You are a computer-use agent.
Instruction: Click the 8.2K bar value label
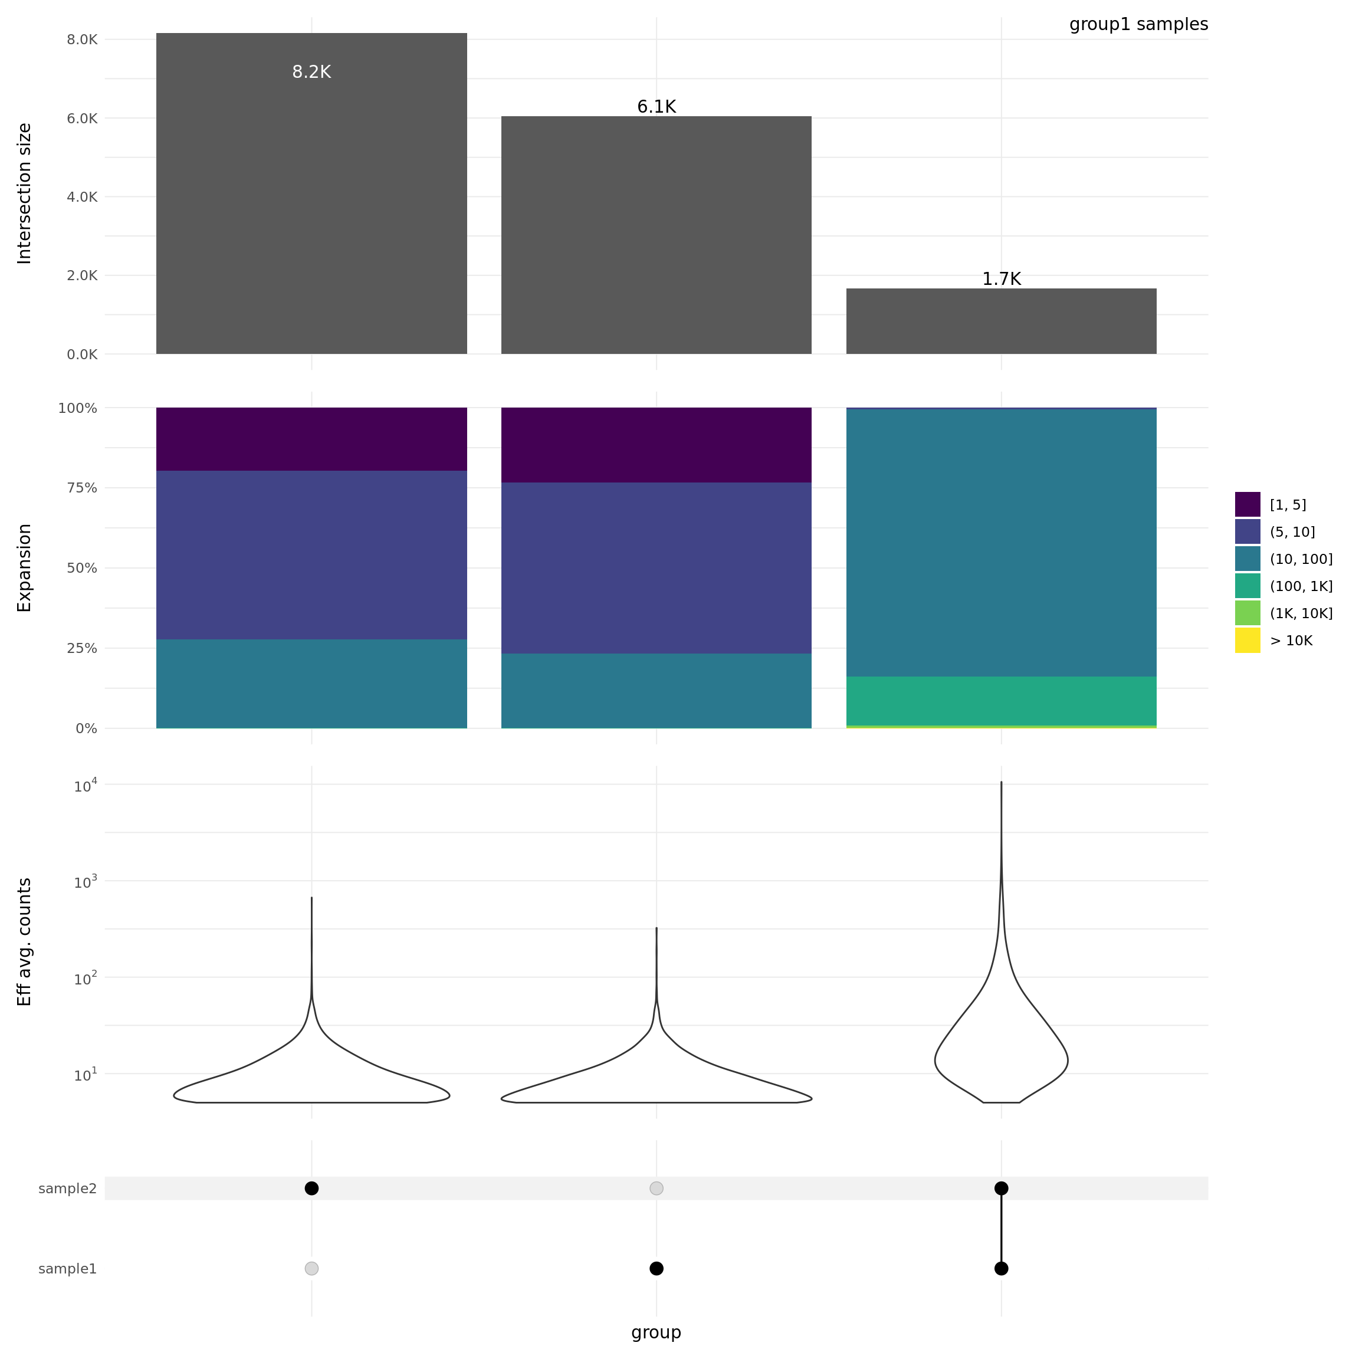point(311,73)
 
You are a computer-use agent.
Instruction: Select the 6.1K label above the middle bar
point(656,107)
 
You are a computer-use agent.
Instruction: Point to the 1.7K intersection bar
point(1001,321)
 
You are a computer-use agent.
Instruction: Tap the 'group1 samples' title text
point(1138,25)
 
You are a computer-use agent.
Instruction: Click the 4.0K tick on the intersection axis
point(83,197)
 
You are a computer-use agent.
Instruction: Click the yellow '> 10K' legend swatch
point(1247,641)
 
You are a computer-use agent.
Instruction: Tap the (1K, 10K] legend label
point(1301,613)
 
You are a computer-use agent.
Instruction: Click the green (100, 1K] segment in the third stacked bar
point(1001,701)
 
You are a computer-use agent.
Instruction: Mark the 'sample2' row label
point(67,1189)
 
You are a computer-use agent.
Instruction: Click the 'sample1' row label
point(67,1269)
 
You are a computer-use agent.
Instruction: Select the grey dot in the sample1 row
point(311,1268)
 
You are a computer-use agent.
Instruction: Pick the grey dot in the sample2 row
point(656,1188)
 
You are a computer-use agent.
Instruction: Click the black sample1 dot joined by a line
point(1001,1268)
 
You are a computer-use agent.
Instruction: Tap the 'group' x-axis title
point(656,1332)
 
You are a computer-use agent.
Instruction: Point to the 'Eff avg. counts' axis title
point(25,942)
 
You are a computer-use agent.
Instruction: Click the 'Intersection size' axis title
point(25,193)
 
